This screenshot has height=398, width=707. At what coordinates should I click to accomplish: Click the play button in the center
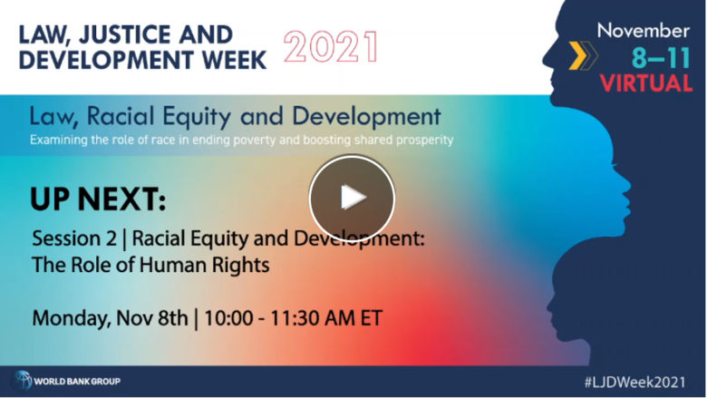pyautogui.click(x=352, y=198)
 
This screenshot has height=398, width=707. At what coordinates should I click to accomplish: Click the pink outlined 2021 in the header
pyautogui.click(x=332, y=45)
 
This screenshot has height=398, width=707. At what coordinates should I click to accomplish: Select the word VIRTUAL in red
pyautogui.click(x=644, y=83)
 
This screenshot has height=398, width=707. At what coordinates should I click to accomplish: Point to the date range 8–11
pyautogui.click(x=660, y=58)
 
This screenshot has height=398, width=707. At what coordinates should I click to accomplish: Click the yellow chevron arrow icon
pyautogui.click(x=577, y=56)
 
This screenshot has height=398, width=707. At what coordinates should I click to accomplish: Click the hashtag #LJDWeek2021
pyautogui.click(x=644, y=381)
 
